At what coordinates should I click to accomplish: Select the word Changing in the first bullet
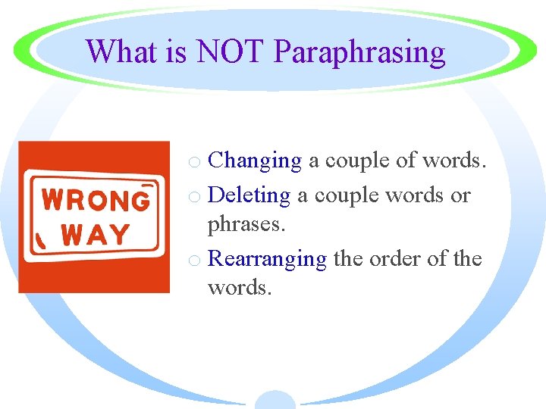tap(255, 161)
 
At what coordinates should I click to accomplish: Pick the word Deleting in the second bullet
tap(249, 195)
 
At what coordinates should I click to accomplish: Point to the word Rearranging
tap(267, 260)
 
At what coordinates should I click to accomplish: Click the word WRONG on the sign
tap(96, 200)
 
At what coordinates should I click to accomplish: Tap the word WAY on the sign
tap(96, 234)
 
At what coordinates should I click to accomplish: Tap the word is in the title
tap(175, 52)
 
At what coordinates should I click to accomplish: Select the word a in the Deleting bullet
tap(302, 196)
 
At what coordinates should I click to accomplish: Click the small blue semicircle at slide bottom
tap(275, 400)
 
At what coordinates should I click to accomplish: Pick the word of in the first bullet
tap(408, 161)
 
